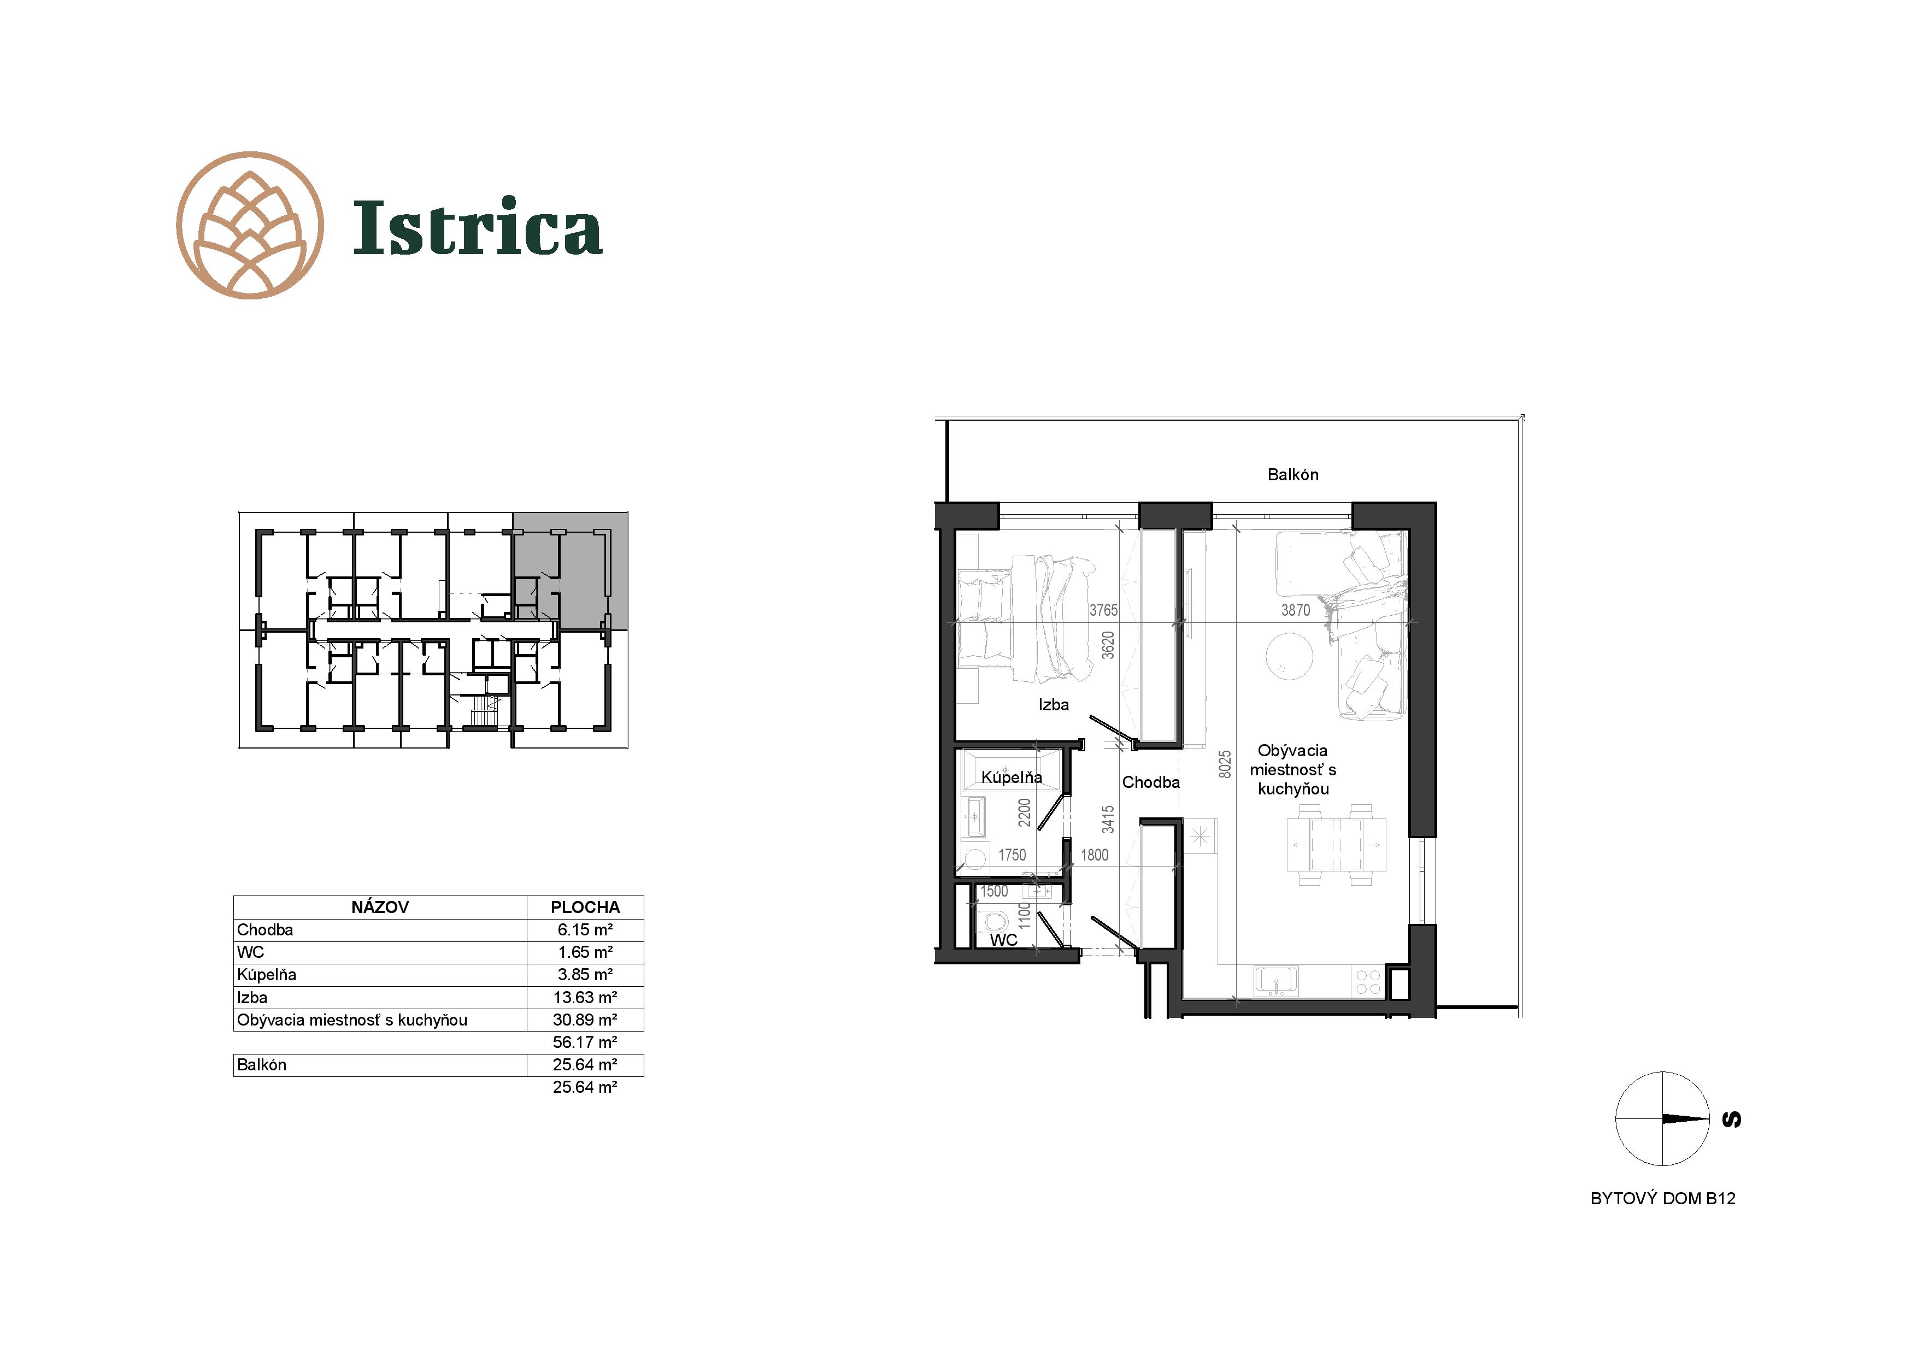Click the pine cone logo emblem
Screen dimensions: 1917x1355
(x=250, y=226)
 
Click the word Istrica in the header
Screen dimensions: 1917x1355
(x=478, y=227)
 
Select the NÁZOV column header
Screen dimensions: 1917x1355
(x=380, y=906)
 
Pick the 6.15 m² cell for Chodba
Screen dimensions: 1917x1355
(x=585, y=929)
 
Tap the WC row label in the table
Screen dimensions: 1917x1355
(x=250, y=952)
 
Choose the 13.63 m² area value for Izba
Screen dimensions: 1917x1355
(x=585, y=997)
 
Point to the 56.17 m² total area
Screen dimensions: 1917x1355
(x=585, y=1042)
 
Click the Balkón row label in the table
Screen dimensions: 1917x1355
(x=261, y=1064)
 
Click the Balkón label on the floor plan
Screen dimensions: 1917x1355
(x=1292, y=474)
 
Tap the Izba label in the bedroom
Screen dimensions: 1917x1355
(x=1054, y=705)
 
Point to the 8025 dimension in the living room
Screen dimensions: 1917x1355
(x=1225, y=764)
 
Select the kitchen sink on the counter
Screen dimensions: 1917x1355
(x=1276, y=980)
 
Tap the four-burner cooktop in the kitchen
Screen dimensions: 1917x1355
(x=1368, y=981)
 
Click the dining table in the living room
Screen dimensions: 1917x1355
(x=1336, y=844)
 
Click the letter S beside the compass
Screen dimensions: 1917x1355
(x=1732, y=1119)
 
